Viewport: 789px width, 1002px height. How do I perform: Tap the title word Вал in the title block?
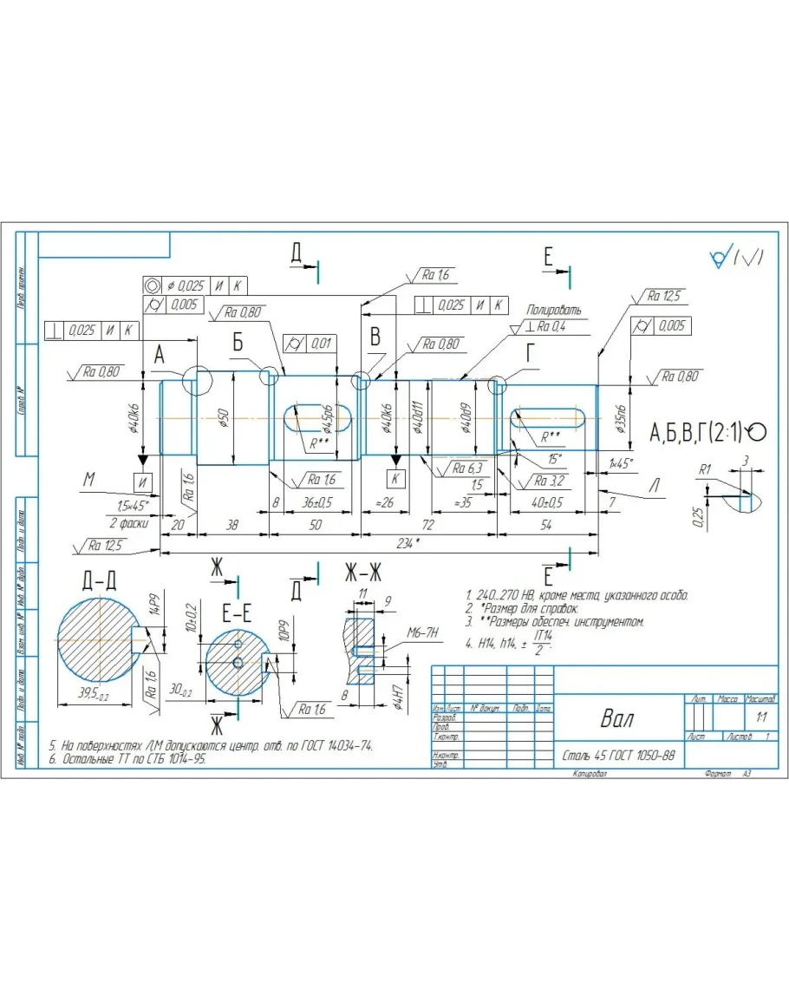(616, 719)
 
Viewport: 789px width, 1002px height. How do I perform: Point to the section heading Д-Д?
(100, 580)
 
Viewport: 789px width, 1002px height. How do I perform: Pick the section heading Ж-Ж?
(363, 573)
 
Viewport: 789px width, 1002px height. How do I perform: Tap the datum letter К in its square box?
(395, 478)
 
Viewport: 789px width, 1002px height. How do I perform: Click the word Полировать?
(554, 310)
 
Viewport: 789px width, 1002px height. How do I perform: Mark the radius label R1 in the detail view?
(705, 469)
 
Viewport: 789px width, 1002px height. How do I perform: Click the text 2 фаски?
(127, 523)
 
